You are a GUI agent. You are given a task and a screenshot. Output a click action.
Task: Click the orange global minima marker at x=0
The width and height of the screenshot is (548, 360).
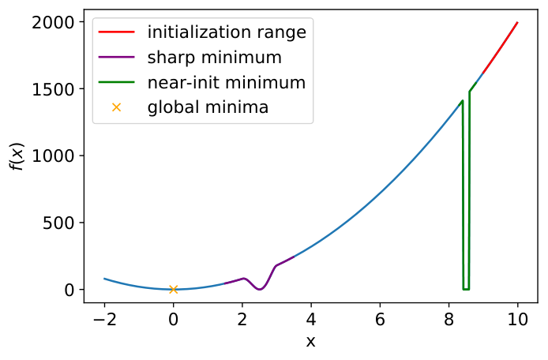click(174, 290)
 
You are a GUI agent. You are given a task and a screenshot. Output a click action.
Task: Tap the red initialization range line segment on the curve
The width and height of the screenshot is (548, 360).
click(500, 48)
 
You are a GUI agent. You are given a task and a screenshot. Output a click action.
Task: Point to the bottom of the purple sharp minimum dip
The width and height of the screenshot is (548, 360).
click(259, 289)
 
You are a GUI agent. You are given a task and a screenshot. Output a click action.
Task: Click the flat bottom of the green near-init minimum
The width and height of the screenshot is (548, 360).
click(466, 290)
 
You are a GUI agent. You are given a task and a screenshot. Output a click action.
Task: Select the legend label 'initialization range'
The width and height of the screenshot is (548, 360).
click(227, 32)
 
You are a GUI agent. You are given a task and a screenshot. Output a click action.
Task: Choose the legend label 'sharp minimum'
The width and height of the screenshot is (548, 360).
click(214, 58)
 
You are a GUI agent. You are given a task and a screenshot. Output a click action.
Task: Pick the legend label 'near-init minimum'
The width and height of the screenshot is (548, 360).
click(227, 82)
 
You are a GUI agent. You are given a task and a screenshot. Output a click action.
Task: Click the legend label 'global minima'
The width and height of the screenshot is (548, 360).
click(208, 107)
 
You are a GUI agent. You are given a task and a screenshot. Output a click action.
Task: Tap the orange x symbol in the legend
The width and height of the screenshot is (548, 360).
click(116, 107)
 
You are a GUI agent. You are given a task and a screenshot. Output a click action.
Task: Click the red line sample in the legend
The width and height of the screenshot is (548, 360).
click(116, 32)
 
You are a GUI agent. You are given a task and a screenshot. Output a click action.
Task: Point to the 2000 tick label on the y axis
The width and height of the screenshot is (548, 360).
click(53, 23)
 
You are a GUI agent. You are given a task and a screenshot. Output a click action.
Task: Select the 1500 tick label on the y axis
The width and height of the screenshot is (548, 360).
click(53, 90)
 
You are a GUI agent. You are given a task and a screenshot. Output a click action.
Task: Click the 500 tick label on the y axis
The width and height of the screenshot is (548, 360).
click(58, 223)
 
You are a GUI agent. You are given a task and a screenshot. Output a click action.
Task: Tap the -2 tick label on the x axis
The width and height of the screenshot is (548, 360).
click(104, 320)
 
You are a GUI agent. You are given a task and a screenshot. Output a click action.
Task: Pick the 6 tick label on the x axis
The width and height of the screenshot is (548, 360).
click(380, 320)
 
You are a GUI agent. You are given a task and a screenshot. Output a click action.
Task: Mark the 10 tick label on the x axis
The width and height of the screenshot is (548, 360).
click(517, 320)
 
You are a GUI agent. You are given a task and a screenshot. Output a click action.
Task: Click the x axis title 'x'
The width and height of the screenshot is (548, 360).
click(310, 342)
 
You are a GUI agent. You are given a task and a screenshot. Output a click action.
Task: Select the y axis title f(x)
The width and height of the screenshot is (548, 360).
click(17, 156)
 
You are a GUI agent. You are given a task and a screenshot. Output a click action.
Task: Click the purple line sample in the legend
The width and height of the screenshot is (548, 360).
click(116, 58)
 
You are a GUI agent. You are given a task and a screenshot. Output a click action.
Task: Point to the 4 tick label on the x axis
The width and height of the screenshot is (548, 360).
click(311, 320)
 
